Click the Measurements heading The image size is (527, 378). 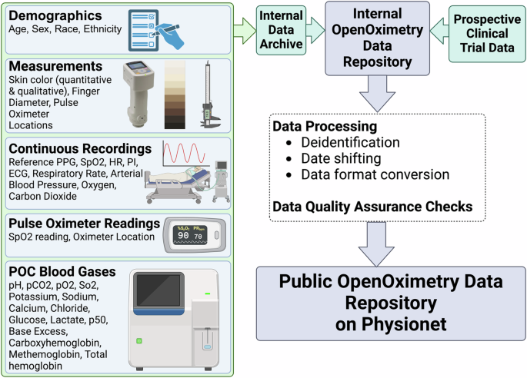click(x=55, y=68)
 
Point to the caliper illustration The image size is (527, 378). click(x=205, y=94)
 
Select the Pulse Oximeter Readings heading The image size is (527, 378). click(x=84, y=223)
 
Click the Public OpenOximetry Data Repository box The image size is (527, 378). click(x=391, y=303)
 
